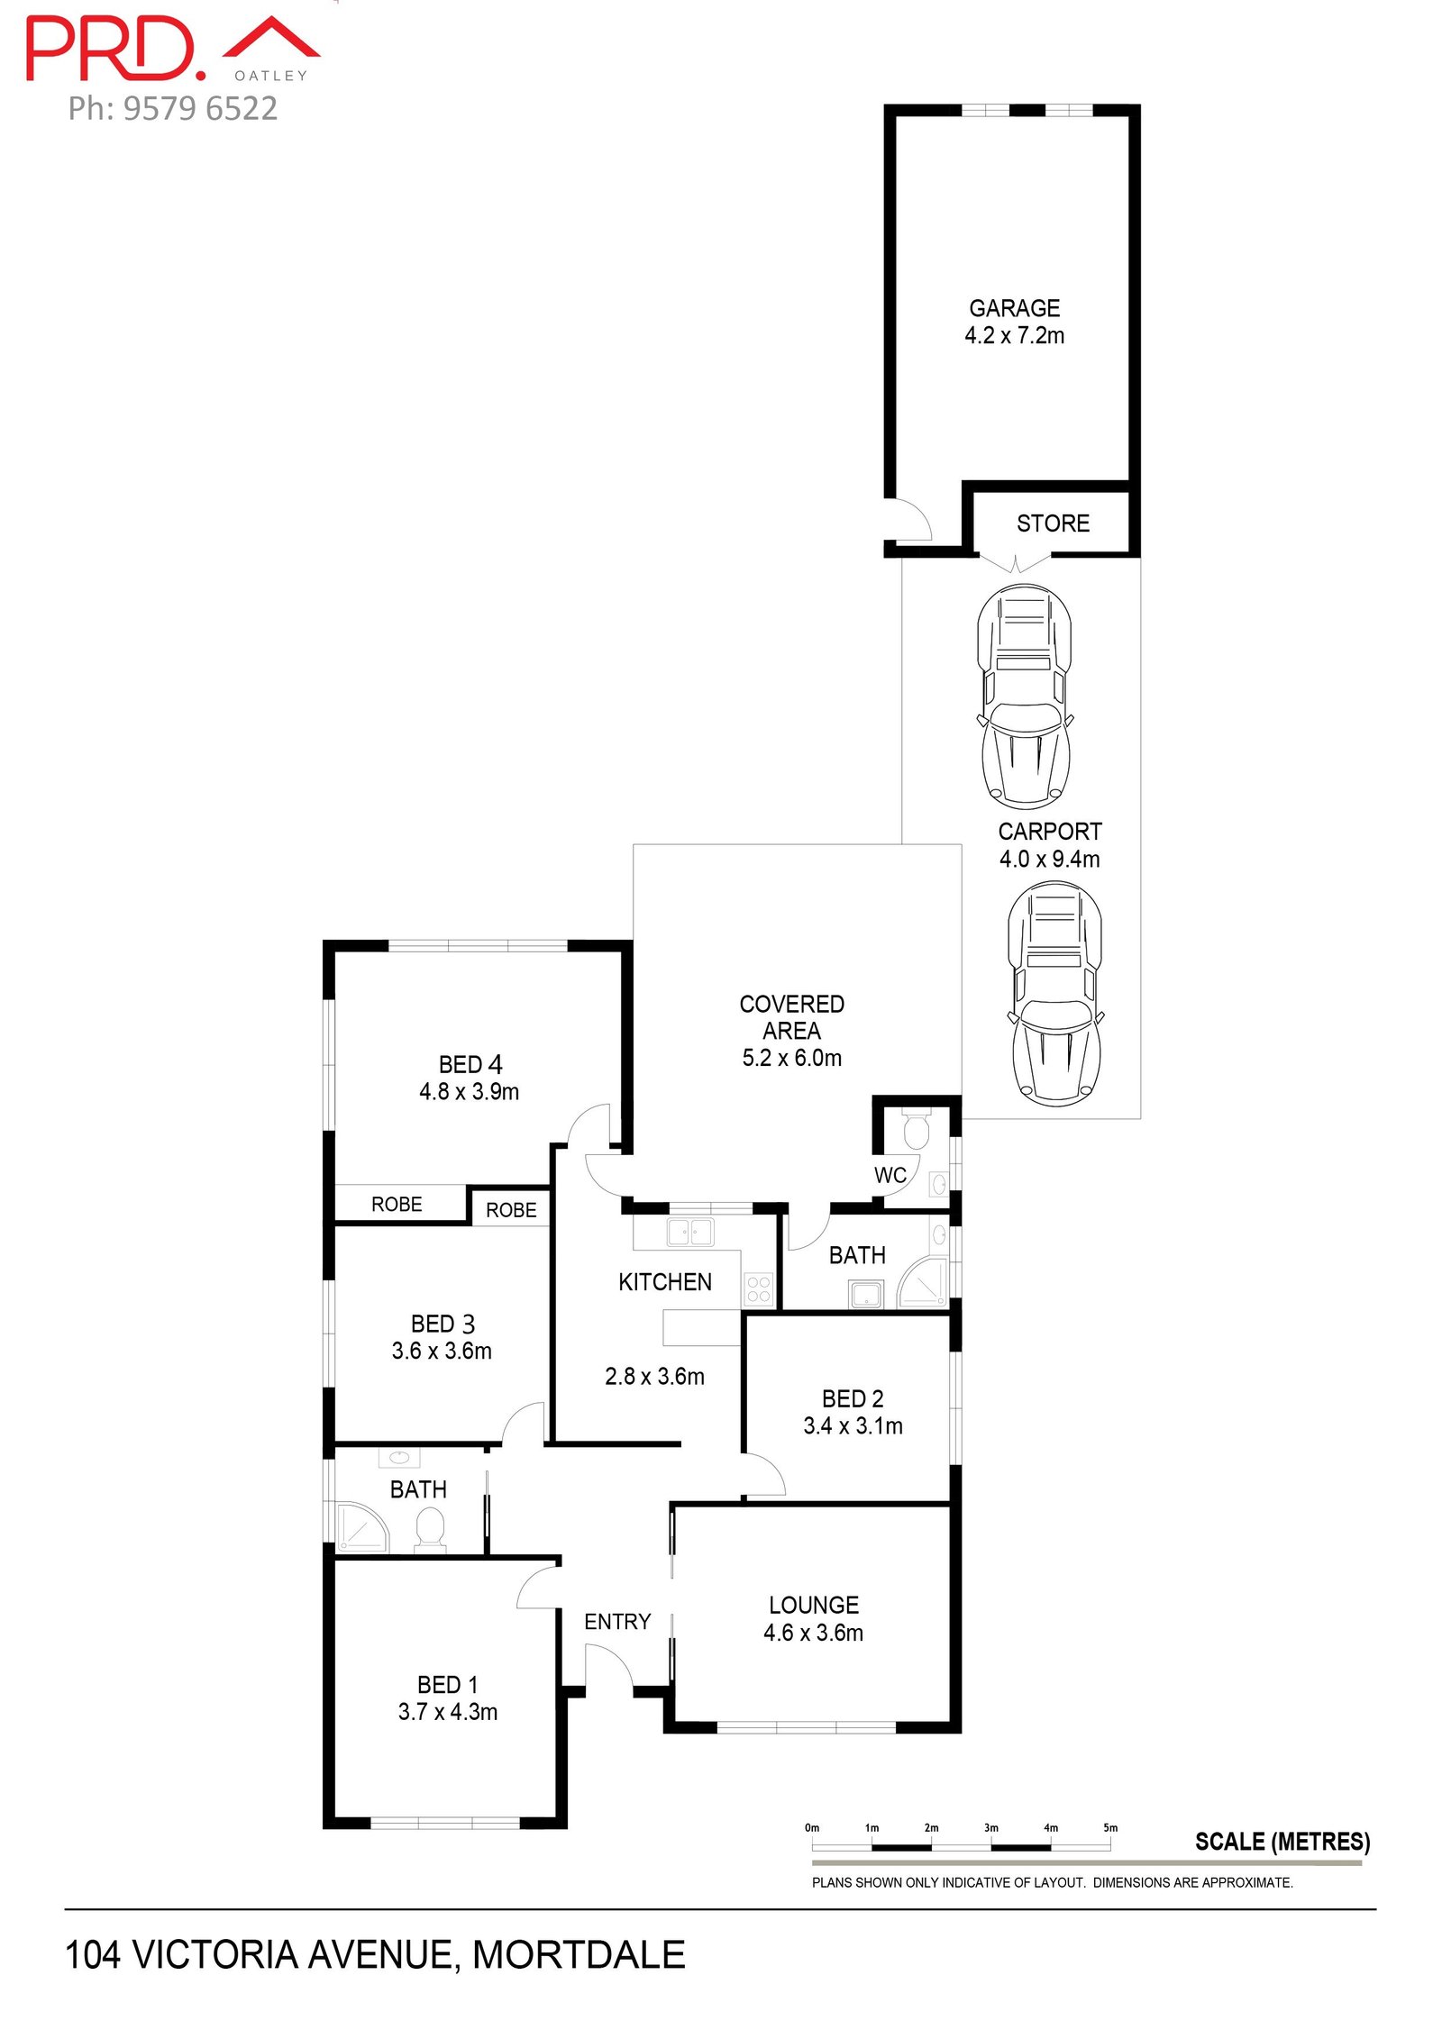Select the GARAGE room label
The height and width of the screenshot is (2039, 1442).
pos(1014,308)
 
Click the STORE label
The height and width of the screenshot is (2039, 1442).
pos(1053,523)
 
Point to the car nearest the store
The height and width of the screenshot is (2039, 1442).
pos(1025,696)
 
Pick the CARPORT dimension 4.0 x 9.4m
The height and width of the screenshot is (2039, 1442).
pos(1049,859)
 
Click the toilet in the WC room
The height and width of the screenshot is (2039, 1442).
pos(916,1130)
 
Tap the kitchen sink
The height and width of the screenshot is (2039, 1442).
pos(689,1232)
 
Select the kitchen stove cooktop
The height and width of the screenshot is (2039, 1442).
pos(759,1289)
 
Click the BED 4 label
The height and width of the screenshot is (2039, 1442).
pos(470,1064)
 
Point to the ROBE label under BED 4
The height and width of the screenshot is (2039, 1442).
pos(397,1205)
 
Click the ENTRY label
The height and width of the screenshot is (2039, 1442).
pos(617,1622)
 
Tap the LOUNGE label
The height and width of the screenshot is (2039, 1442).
pos(814,1605)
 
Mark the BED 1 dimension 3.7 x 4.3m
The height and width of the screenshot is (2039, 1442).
pos(448,1711)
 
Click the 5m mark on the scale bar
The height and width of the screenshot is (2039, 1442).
pos(1110,1828)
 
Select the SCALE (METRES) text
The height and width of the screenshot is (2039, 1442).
pos(1282,1842)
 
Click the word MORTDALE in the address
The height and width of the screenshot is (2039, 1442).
pos(579,1954)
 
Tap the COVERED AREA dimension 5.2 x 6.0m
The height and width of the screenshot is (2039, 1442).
pos(792,1058)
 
